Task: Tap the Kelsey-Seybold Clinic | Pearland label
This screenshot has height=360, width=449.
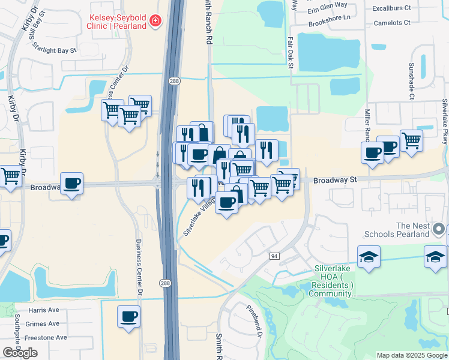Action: pos(118,22)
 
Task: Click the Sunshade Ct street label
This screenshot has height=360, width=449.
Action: pos(412,81)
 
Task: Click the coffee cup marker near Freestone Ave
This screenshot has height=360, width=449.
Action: pos(129,316)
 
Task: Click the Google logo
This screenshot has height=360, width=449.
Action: pos(20,353)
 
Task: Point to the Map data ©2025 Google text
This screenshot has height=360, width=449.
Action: pos(411,355)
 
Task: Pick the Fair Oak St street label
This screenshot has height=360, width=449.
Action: pos(289,53)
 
